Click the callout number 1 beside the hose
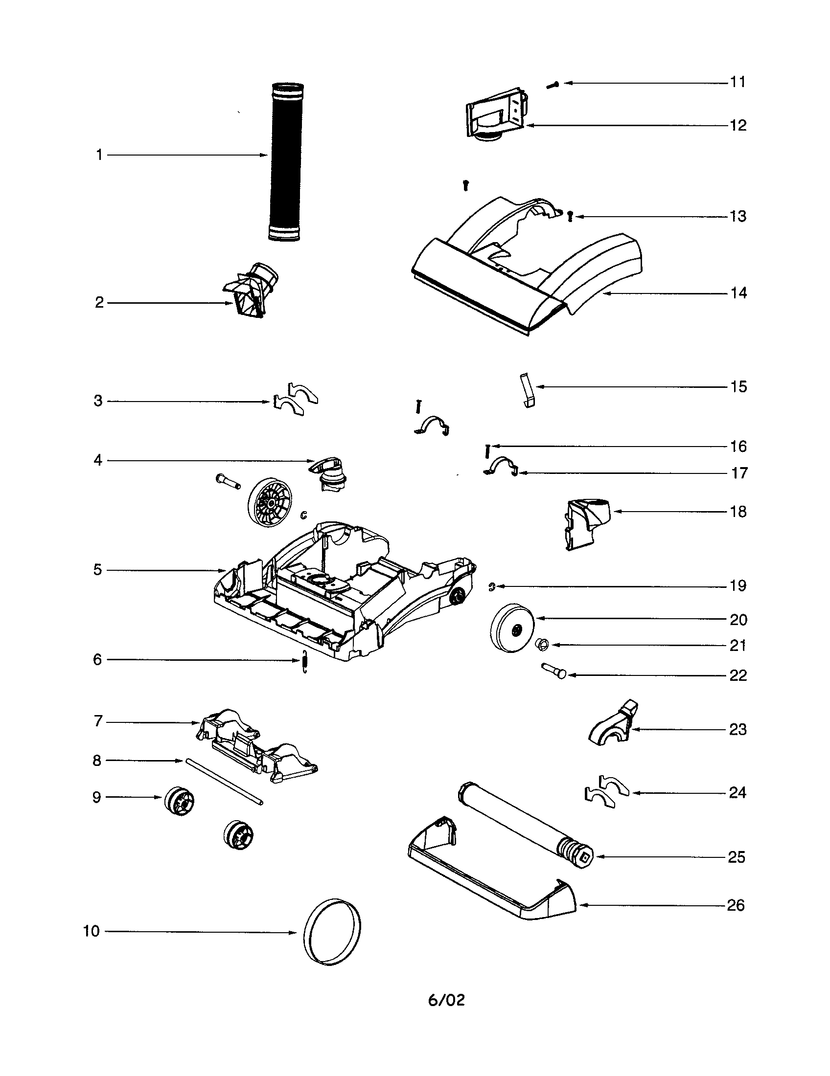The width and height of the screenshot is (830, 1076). point(99,155)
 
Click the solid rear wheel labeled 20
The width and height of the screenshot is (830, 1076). point(512,628)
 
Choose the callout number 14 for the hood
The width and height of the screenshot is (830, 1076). point(738,293)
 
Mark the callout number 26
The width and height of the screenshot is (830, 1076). point(736,905)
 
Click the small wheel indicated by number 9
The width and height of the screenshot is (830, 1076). point(180,802)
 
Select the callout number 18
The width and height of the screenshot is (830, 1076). point(738,512)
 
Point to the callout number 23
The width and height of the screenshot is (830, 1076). point(738,729)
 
